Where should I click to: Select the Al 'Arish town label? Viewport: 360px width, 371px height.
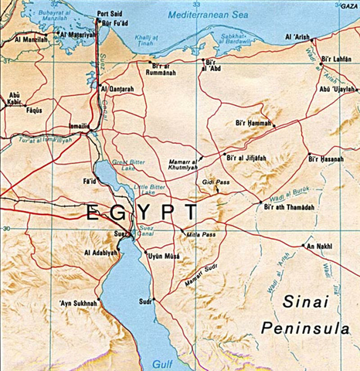(x=297, y=37)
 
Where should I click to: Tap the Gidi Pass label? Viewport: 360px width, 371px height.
(x=216, y=182)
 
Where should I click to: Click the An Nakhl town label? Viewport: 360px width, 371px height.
(x=318, y=247)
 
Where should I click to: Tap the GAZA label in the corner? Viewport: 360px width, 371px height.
(x=349, y=5)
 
